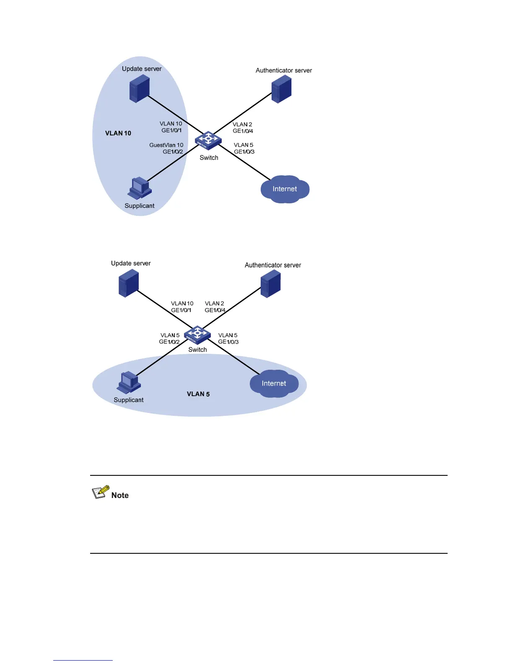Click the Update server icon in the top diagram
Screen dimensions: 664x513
coord(140,88)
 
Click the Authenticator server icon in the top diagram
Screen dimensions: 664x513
coord(281,89)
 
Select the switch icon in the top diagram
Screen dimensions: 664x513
coord(208,140)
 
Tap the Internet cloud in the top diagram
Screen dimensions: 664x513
coord(285,189)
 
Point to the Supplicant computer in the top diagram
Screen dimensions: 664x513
coord(140,188)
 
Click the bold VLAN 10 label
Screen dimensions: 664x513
coord(118,133)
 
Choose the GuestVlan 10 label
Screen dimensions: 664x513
coord(166,145)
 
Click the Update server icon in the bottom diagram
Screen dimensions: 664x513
coord(129,283)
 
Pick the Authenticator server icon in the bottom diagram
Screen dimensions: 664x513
coord(270,283)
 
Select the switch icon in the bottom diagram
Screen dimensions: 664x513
coord(197,335)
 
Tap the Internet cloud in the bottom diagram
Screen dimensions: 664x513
coord(274,384)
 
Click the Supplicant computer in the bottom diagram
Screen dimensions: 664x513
coord(129,382)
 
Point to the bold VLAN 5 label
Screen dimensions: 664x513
coord(198,394)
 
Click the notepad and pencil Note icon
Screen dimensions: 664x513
coord(101,492)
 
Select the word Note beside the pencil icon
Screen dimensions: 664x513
coord(120,495)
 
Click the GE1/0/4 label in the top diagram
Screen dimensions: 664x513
coord(243,131)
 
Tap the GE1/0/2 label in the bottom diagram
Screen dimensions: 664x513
coord(169,342)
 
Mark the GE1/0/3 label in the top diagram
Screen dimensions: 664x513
coord(244,152)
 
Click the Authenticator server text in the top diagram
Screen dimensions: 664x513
coord(284,70)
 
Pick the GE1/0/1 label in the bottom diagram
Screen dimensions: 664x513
coord(181,310)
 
